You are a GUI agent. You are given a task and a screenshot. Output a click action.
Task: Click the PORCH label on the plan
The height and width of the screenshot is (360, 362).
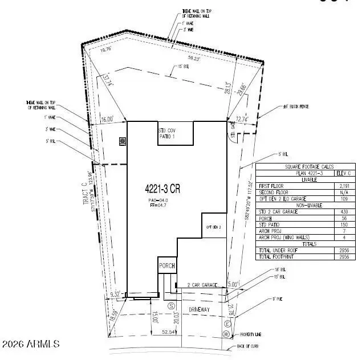[x=166, y=266]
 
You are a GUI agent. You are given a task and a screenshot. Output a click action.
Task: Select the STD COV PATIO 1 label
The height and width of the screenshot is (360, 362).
[x=167, y=134]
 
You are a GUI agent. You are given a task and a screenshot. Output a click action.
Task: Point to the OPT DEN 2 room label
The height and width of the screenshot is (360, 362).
[x=213, y=227]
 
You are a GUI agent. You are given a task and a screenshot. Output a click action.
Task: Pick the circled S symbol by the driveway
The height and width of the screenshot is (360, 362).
[x=170, y=306]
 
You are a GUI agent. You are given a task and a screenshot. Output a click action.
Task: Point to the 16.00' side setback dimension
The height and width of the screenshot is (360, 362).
[x=107, y=119]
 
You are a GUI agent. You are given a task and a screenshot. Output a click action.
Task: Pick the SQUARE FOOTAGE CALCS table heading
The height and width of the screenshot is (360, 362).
[x=306, y=167]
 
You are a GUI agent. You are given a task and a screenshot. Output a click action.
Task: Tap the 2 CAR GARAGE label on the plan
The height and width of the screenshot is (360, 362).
[x=204, y=284]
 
